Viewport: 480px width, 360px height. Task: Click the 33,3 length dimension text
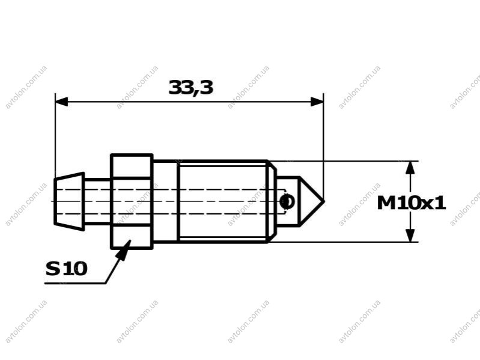pos(190,88)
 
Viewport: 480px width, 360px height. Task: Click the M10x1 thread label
pos(411,203)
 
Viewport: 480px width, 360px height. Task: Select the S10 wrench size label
pos(67,269)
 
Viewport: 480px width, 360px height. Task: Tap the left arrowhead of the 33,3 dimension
pos(61,102)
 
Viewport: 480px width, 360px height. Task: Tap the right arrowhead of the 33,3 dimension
pos(317,102)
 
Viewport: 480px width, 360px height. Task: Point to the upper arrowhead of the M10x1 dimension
pos(410,168)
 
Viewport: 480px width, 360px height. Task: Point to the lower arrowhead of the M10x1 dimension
pos(410,236)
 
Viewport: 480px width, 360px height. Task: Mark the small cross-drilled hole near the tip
pos(287,201)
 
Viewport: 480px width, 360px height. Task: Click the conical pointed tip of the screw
pos(309,201)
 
